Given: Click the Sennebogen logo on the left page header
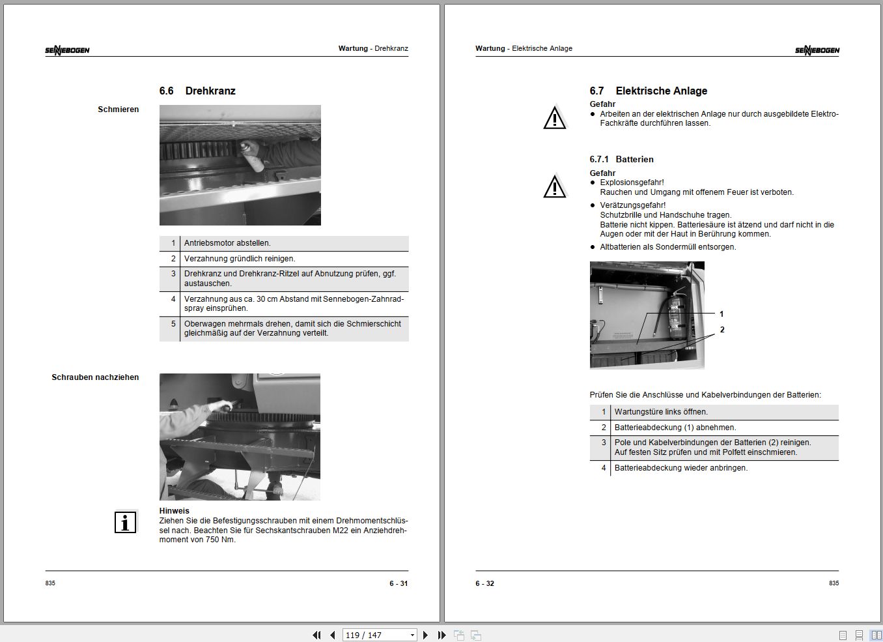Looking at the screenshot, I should [x=67, y=50].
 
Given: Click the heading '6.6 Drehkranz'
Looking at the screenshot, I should [x=197, y=91].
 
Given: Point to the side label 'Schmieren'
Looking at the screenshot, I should [x=118, y=109].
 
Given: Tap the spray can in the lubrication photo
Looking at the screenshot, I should [x=252, y=156].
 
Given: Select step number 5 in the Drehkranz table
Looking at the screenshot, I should [x=173, y=324].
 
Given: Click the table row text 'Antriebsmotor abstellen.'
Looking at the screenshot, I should [x=227, y=243].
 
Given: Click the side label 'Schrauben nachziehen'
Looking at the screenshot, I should [x=95, y=377].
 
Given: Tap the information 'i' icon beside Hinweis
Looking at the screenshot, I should [x=125, y=522].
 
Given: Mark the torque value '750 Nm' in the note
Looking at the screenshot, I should [x=221, y=540].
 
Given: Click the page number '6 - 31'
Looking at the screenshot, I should [x=399, y=583].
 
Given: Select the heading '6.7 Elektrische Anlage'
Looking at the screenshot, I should [x=648, y=91].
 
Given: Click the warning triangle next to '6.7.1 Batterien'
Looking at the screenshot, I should [x=554, y=187].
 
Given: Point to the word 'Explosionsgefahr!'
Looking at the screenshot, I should [x=632, y=182].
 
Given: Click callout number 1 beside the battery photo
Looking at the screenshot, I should [x=722, y=314].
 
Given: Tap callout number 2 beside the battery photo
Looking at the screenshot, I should [x=722, y=330].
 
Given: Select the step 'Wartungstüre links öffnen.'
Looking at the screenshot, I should [x=661, y=412].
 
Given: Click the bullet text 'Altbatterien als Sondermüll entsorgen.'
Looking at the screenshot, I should [x=668, y=247].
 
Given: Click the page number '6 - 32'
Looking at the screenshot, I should [x=484, y=583].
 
